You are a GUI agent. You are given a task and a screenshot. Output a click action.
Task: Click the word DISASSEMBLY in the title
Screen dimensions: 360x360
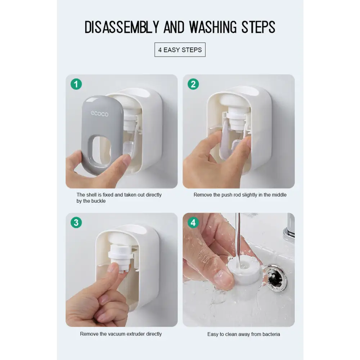(x=122, y=27)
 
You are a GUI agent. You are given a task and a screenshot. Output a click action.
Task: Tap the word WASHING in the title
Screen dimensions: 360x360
(x=213, y=27)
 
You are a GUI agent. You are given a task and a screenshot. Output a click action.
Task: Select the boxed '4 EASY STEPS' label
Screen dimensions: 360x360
(x=180, y=50)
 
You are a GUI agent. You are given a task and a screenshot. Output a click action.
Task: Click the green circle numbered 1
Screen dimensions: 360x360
(x=76, y=84)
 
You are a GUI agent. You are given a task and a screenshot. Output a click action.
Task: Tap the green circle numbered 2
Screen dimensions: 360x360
(x=193, y=84)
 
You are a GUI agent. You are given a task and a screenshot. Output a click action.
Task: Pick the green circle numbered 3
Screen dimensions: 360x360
(x=76, y=222)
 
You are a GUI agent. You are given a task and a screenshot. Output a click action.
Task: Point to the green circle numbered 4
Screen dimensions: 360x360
(x=193, y=222)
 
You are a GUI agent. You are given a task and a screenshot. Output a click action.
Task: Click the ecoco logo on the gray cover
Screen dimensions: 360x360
(x=99, y=114)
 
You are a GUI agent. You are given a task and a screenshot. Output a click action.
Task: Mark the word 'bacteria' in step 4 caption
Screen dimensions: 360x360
(x=271, y=334)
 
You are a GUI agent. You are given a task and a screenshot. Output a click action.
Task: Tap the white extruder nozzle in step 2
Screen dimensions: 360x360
(x=237, y=119)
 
